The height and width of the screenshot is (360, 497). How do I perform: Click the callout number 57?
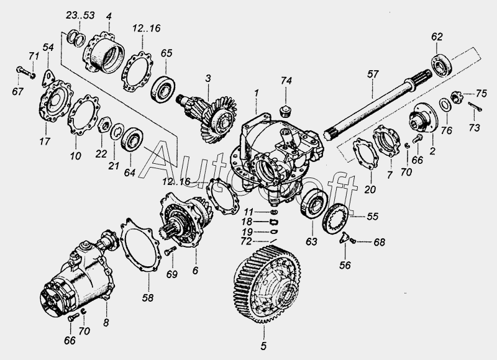373,74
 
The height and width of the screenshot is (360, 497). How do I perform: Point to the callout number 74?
286,81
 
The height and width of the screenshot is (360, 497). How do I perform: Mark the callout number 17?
45,141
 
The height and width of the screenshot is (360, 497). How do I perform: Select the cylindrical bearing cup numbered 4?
103,52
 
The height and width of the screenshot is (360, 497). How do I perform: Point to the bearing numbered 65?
163,89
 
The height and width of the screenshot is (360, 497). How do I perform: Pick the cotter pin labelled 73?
475,107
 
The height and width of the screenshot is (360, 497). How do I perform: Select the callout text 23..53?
80,16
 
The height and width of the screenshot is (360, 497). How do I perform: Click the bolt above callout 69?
170,251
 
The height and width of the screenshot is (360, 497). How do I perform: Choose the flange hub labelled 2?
424,117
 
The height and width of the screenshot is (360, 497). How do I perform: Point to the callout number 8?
106,323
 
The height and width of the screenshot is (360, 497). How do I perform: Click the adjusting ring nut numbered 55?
335,218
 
